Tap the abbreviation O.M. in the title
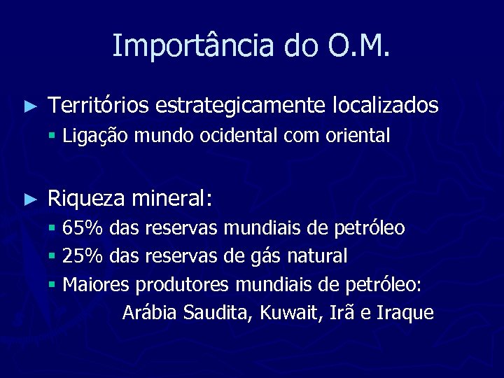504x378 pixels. [x=358, y=46]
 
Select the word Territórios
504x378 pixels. [x=98, y=106]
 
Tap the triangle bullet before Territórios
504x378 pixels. [x=29, y=106]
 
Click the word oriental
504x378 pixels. [x=358, y=136]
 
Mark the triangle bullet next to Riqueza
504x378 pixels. [x=29, y=199]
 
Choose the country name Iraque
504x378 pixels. [x=405, y=313]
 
